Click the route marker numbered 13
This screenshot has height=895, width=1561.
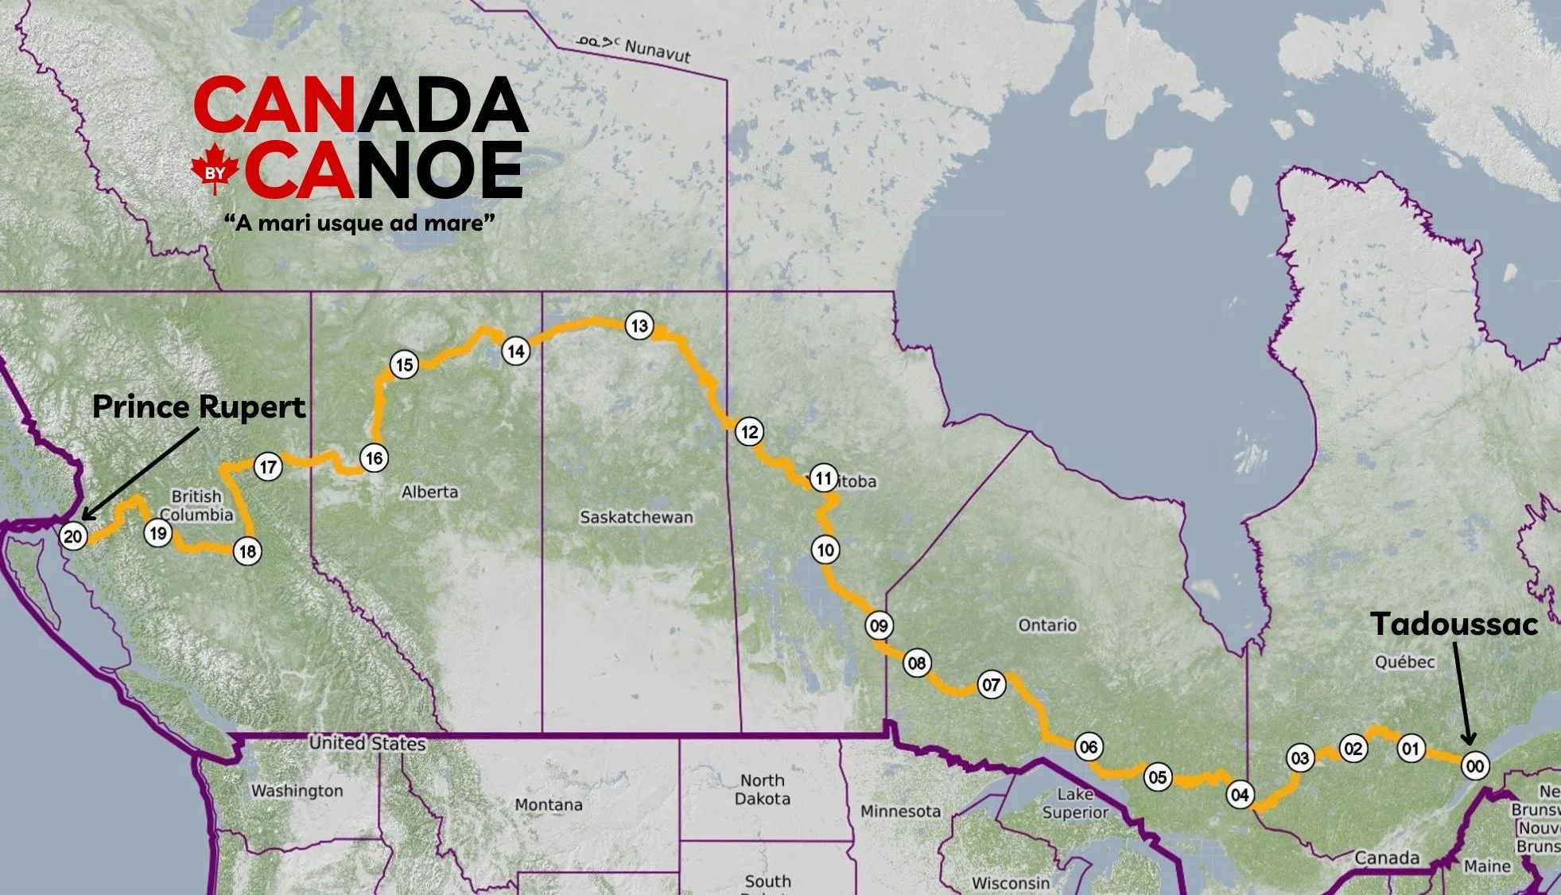pos(639,325)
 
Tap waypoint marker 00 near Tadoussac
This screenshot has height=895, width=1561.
pos(1475,766)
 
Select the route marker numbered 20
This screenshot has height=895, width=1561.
pos(72,536)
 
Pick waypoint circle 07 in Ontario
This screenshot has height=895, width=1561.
pos(991,685)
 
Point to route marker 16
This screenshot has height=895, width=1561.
pos(374,458)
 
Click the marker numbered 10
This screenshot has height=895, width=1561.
pos(825,550)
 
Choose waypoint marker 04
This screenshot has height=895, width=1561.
pos(1240,794)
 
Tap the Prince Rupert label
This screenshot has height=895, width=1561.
pos(199,407)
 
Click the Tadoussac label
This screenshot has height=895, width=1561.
pos(1454,624)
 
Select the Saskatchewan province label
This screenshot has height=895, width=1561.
pos(636,517)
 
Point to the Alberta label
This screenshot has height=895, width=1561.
pos(429,492)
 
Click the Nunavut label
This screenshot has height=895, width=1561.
pos(657,50)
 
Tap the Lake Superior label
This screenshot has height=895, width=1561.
pos(1075,803)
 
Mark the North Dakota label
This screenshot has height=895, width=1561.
pos(762,789)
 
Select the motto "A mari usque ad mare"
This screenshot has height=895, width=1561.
pos(359,223)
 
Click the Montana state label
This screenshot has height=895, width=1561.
pos(548,804)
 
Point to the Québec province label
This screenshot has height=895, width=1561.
pos(1404,662)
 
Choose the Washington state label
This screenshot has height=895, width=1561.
pos(297,791)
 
